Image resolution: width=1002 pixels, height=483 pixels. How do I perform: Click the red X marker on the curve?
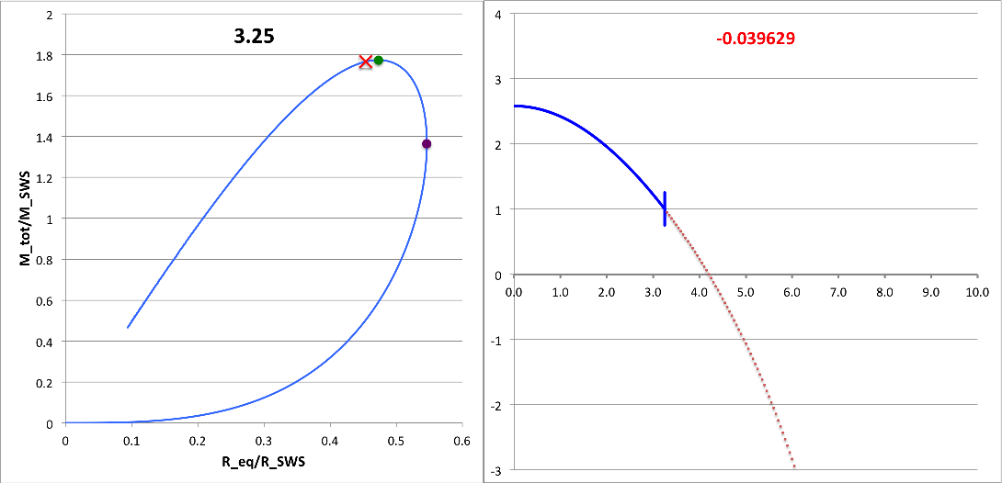[x=366, y=62]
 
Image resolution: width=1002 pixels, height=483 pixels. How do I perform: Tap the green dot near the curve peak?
[x=378, y=60]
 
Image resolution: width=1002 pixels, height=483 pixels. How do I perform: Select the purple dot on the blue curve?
[x=427, y=143]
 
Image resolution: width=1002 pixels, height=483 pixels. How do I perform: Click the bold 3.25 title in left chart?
[x=253, y=37]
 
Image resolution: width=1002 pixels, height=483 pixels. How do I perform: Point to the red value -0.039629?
[x=756, y=39]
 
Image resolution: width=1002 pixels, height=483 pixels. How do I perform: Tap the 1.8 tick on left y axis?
[x=45, y=56]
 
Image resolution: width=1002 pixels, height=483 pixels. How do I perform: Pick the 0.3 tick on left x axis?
[x=264, y=441]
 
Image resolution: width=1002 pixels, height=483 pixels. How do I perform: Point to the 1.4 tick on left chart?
[x=45, y=138]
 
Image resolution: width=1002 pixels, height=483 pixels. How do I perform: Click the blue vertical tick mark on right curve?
[x=665, y=208]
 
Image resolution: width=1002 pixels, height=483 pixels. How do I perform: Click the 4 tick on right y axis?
[x=497, y=15]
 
